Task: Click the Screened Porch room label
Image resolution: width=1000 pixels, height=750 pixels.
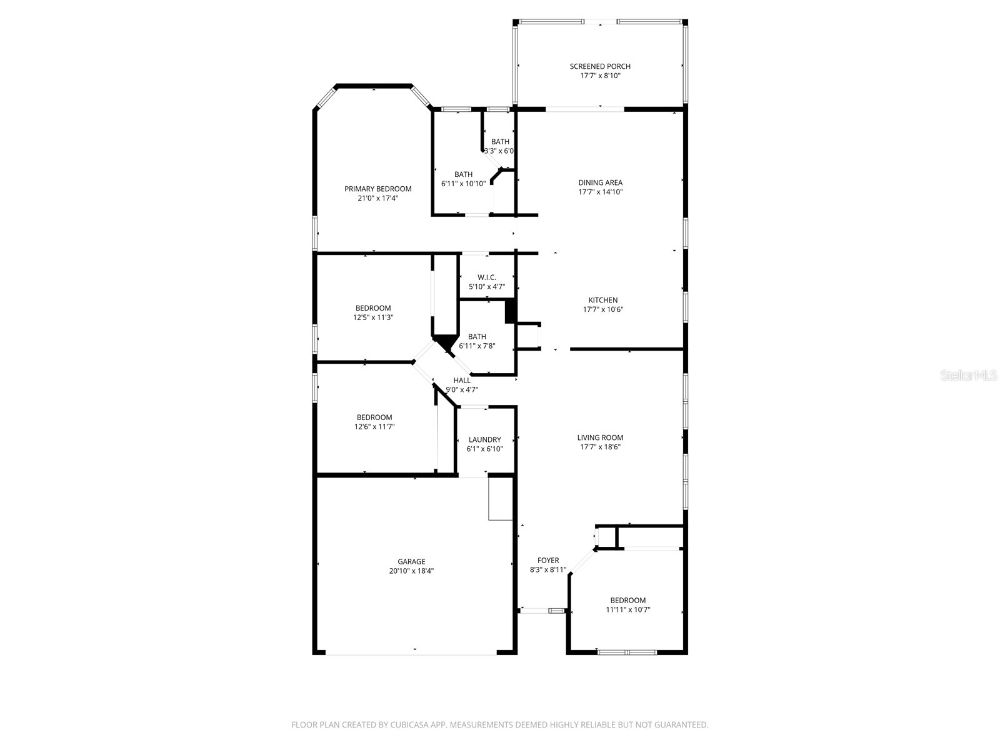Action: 600,66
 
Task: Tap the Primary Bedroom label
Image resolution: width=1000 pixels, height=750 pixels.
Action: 378,189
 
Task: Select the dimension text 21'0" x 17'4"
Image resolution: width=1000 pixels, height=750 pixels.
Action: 378,198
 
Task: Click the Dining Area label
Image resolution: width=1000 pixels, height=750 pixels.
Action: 600,182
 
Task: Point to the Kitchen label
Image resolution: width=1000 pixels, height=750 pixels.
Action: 603,300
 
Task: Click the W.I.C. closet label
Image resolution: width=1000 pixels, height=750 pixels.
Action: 487,277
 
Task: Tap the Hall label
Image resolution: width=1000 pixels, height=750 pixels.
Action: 462,381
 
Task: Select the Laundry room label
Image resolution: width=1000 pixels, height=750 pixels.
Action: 484,439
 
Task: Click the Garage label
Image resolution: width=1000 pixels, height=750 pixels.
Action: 411,561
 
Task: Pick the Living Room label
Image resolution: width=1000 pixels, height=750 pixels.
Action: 600,437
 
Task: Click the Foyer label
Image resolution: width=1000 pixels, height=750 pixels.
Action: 548,560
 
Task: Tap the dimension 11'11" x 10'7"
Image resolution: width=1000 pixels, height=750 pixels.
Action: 627,609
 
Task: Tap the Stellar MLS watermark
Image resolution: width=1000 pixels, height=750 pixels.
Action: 969,376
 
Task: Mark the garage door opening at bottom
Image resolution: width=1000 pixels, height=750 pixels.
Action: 411,654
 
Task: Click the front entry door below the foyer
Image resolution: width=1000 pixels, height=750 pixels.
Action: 535,611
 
